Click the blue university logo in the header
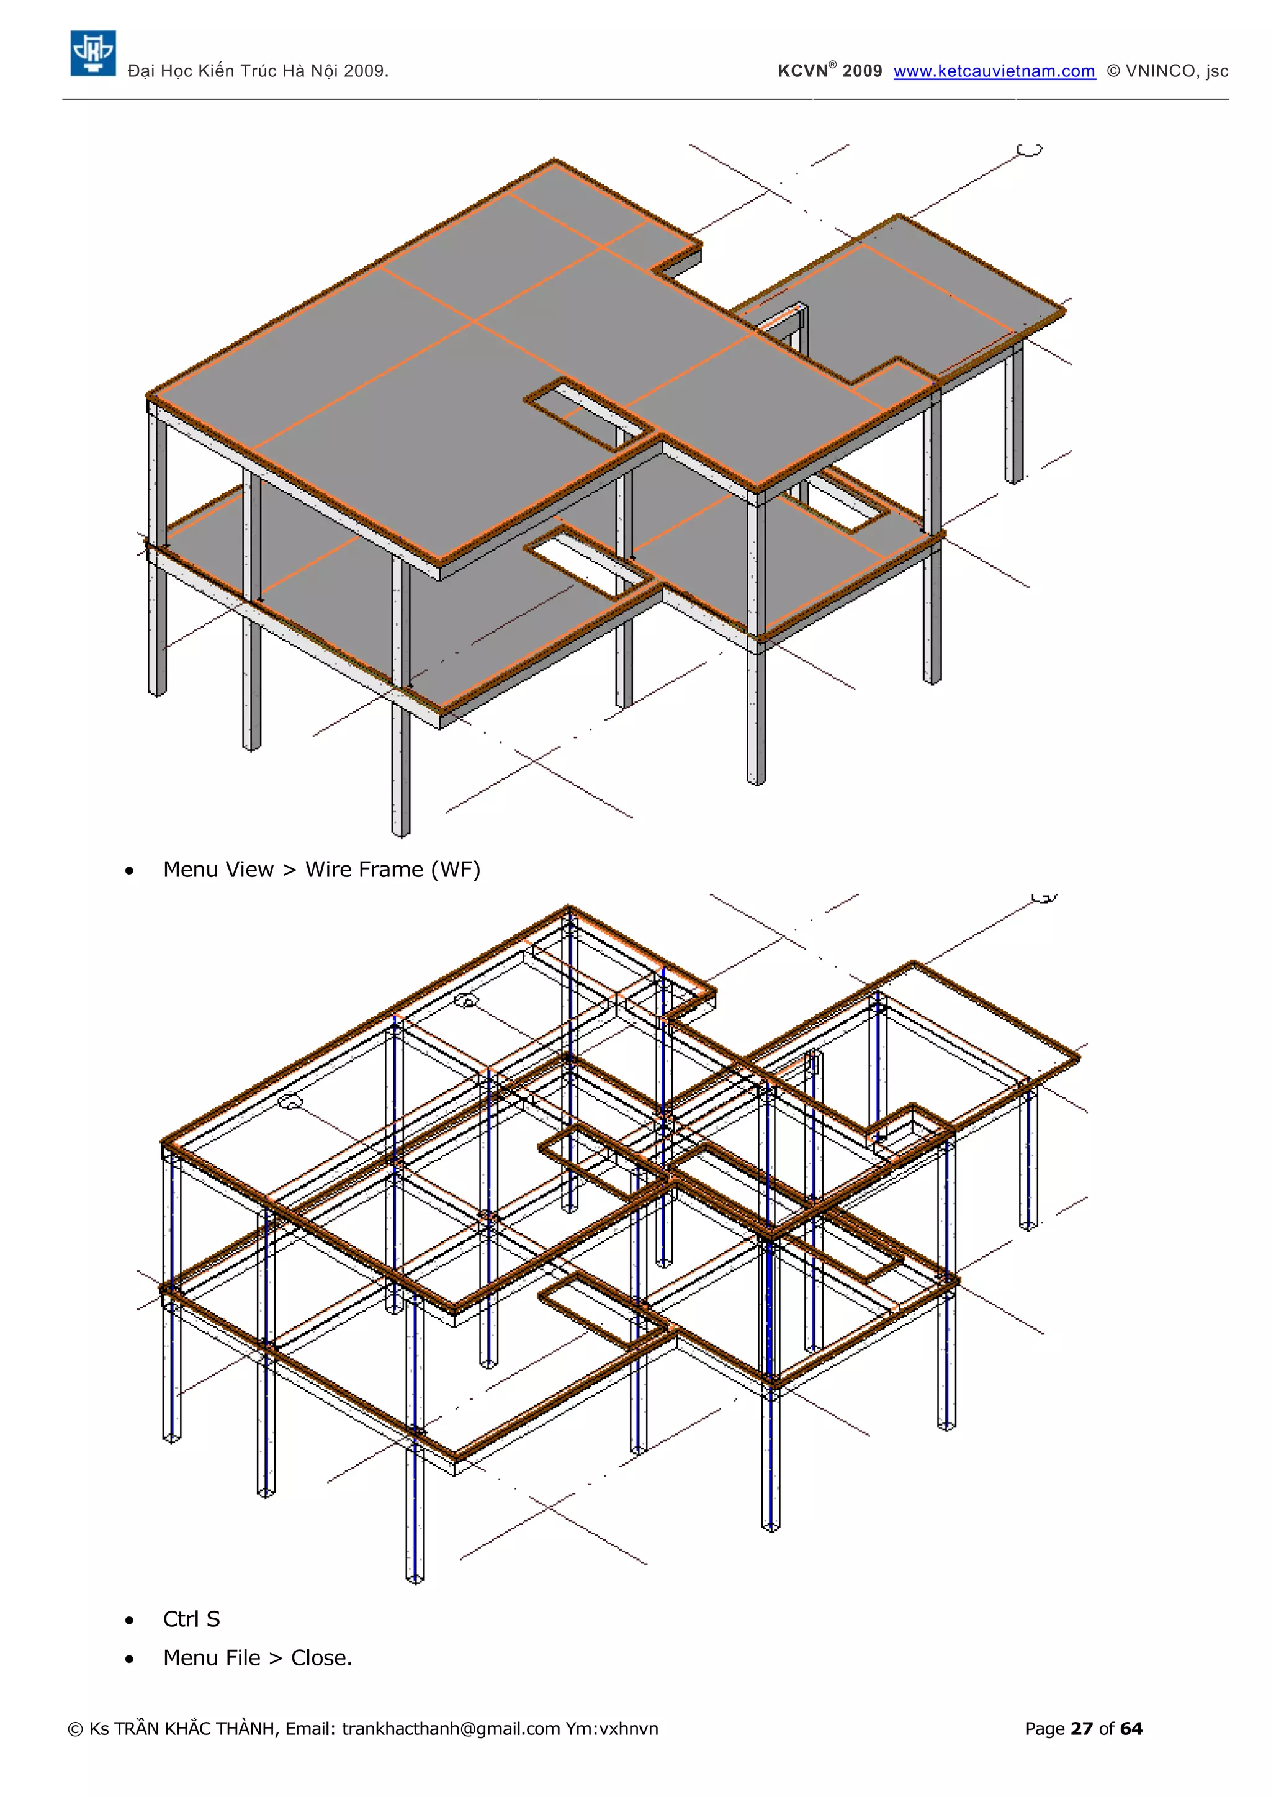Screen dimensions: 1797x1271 tap(93, 53)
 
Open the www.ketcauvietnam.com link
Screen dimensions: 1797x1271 tap(994, 71)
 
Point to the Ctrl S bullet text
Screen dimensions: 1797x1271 tap(192, 1619)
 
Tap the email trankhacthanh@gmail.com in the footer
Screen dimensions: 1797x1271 tap(451, 1729)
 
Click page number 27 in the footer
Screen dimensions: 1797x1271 tap(1082, 1729)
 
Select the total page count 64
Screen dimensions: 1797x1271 tap(1131, 1729)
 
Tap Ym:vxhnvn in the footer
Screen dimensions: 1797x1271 tap(612, 1729)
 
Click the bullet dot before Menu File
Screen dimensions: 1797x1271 tap(129, 1659)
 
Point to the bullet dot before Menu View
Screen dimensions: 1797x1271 tap(129, 871)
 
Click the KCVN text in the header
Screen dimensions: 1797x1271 tap(802, 71)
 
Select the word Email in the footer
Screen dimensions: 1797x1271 tap(310, 1729)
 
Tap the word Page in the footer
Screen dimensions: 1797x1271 tap(1045, 1729)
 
